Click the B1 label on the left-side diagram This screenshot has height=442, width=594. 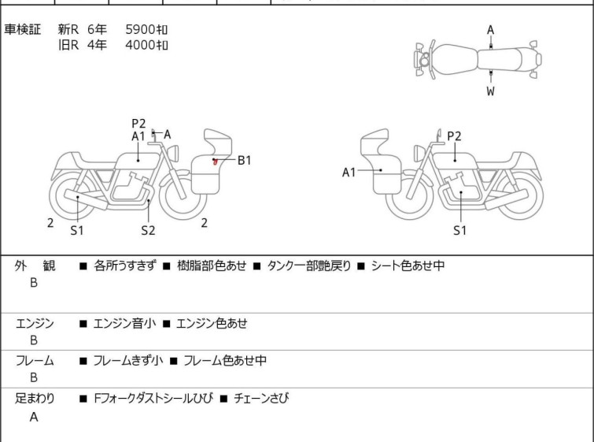tap(245, 161)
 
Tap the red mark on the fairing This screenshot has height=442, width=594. tap(216, 162)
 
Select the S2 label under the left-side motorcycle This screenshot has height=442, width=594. tap(148, 230)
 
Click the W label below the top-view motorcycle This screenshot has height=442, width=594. tap(491, 91)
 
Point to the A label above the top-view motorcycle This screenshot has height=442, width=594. tap(491, 30)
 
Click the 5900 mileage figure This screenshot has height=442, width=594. tap(140, 29)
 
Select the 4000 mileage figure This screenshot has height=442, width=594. tap(140, 45)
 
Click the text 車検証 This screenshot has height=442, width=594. tap(22, 29)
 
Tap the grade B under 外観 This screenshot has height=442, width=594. tap(34, 283)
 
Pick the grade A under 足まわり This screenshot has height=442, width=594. tap(34, 417)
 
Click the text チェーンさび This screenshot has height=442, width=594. tap(261, 399)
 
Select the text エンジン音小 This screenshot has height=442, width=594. tap(124, 323)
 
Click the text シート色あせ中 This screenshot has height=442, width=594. tap(408, 266)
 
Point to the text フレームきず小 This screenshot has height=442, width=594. tap(128, 360)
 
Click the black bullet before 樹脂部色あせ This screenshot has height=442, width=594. tap(167, 266)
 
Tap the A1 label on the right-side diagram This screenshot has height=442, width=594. tap(349, 173)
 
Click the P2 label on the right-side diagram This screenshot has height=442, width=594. tap(454, 136)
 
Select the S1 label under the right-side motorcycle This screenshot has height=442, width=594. tap(460, 230)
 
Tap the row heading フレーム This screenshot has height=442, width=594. tap(35, 360)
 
